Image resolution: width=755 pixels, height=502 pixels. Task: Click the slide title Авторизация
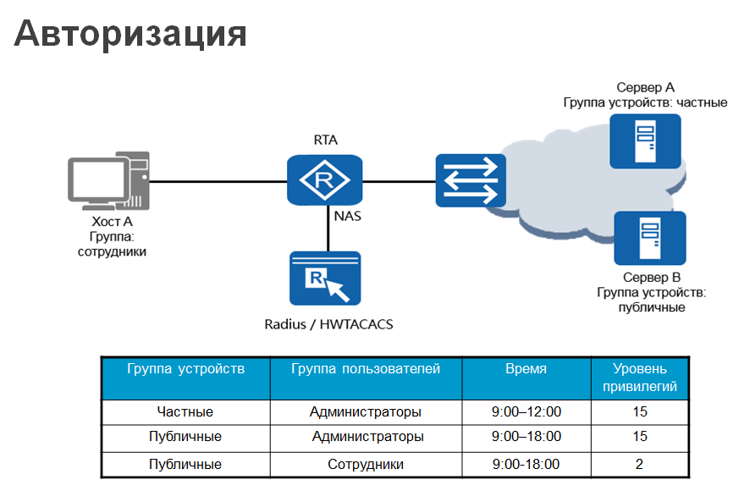click(x=130, y=34)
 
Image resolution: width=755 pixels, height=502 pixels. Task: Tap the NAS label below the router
click(x=348, y=216)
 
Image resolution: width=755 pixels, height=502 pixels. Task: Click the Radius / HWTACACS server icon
click(x=325, y=278)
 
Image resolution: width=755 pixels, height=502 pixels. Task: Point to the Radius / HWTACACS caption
click(x=328, y=323)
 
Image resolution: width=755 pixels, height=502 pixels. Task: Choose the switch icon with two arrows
click(x=471, y=180)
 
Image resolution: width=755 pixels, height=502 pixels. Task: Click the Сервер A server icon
click(x=645, y=141)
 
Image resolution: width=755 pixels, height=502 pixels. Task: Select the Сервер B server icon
click(x=649, y=240)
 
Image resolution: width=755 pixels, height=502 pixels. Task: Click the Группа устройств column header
click(x=185, y=369)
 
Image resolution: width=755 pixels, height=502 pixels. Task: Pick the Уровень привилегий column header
click(x=640, y=378)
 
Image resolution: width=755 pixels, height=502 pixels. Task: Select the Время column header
click(x=526, y=369)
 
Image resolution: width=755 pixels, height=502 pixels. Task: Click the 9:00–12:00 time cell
click(x=526, y=412)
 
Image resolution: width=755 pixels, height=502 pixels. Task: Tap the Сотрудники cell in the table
click(x=366, y=464)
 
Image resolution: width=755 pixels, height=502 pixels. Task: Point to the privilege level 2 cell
click(x=639, y=464)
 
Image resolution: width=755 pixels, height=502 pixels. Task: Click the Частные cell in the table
click(x=185, y=412)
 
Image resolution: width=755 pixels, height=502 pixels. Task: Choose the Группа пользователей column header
click(x=366, y=369)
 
